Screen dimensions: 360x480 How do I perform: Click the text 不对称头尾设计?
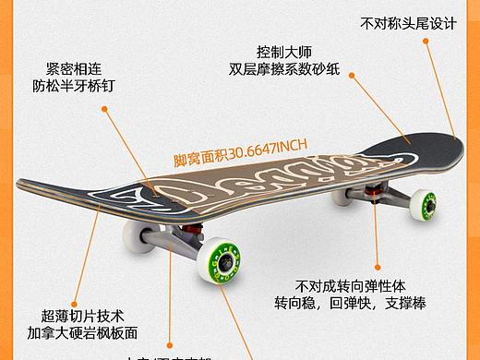408,22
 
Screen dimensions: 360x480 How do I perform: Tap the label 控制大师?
285,52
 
